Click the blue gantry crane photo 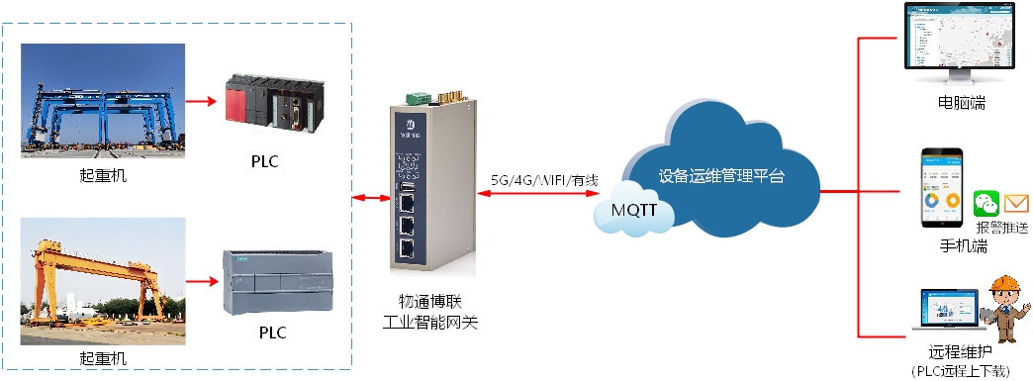pyautogui.click(x=103, y=102)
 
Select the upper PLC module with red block pyautogui.click(x=268, y=103)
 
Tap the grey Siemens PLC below pyautogui.click(x=268, y=280)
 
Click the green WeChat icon pyautogui.click(x=986, y=205)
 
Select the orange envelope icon pyautogui.click(x=1016, y=204)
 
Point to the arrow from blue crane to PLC pyautogui.click(x=202, y=100)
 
